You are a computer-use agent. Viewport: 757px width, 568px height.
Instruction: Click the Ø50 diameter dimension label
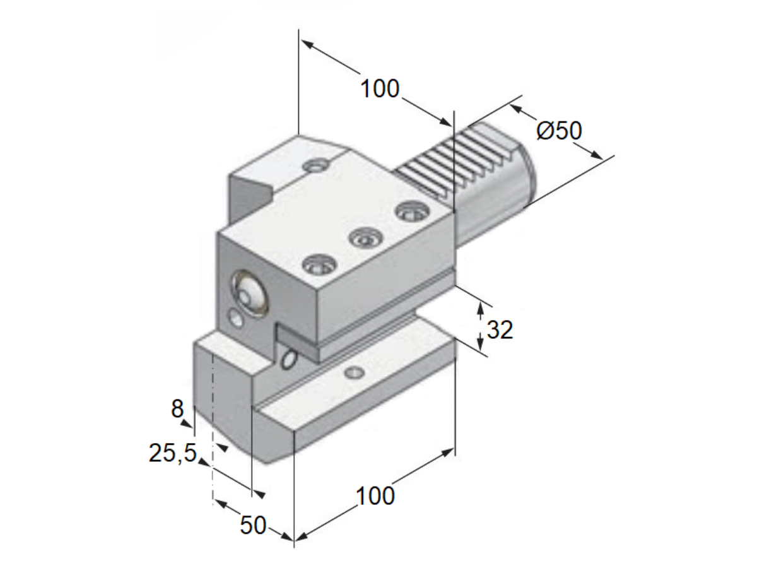pos(559,131)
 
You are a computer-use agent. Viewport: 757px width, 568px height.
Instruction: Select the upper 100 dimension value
pos(380,89)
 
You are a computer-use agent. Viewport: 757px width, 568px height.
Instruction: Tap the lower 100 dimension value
pos(375,496)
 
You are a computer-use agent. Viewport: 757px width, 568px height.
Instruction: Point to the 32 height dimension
pos(500,329)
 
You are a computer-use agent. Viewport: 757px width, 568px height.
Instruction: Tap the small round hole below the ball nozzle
pos(237,319)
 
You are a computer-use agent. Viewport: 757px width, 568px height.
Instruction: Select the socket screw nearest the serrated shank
pos(412,211)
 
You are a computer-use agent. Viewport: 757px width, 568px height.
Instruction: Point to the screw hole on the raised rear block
pos(316,166)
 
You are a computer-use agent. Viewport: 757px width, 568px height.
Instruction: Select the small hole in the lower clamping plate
pos(354,373)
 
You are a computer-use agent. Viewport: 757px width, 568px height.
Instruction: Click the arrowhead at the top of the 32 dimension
pos(480,308)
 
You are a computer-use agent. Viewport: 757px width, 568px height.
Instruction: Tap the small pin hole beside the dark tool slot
pos(290,360)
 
